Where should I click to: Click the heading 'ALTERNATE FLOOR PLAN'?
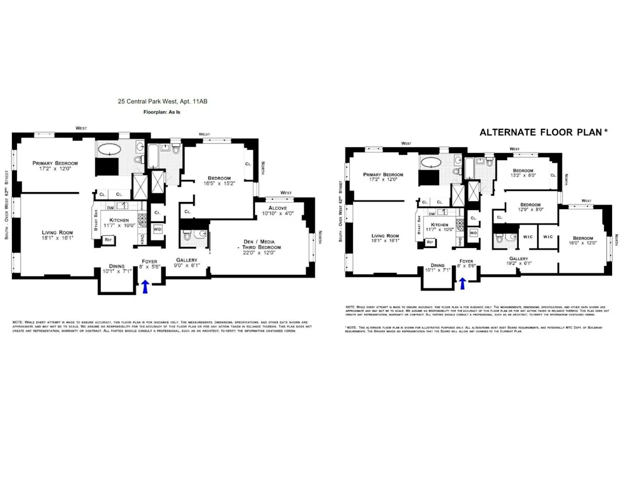point(543,132)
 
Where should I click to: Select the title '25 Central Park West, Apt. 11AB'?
point(162,101)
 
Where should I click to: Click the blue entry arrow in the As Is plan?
point(146,286)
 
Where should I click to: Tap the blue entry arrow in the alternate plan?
point(462,283)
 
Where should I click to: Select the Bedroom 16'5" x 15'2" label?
point(219,181)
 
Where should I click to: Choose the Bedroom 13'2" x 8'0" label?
point(523,173)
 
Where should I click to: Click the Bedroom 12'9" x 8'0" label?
point(530,207)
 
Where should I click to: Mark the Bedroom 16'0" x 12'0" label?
point(583,241)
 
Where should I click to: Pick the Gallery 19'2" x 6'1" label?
point(519,261)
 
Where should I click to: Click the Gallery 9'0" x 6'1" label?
point(187,262)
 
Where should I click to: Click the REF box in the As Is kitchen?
point(108,240)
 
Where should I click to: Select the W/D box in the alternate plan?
point(473,233)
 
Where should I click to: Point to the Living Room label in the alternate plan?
point(385,238)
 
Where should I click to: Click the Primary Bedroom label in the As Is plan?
point(55,166)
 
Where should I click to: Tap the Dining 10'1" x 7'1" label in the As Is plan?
point(117,269)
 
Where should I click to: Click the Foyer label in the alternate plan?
point(466,263)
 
